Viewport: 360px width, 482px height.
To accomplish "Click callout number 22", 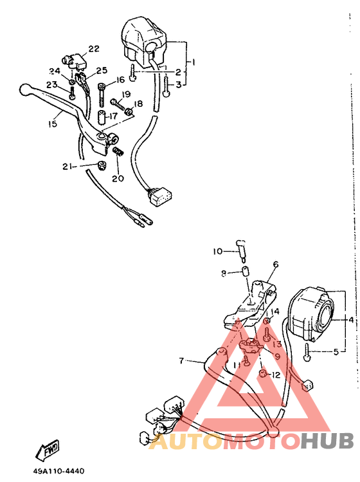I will (94, 49).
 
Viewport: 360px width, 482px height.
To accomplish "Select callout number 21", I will (67, 166).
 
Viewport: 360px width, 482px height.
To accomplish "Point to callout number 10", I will (217, 251).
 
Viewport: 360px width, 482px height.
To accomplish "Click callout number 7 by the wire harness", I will (182, 360).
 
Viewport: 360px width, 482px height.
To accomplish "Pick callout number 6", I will (275, 264).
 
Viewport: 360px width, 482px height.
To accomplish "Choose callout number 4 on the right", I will (351, 319).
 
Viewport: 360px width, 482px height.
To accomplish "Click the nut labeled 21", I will (101, 167).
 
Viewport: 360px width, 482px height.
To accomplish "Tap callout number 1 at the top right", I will (193, 62).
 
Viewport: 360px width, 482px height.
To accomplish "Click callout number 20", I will (118, 178).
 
